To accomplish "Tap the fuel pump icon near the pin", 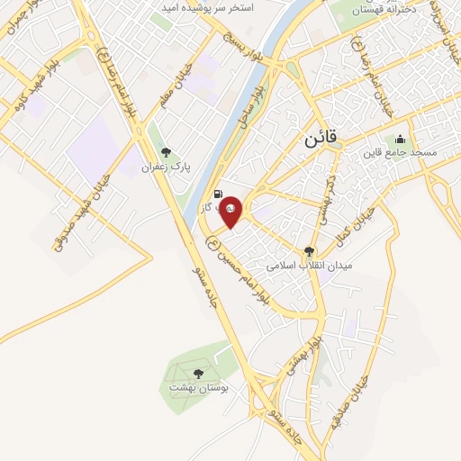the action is pos(219,193).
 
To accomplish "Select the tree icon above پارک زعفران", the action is pos(164,151).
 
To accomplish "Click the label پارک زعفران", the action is pos(164,167).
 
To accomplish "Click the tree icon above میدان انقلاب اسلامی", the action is pos(310,252).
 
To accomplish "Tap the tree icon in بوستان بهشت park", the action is pos(198,373).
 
